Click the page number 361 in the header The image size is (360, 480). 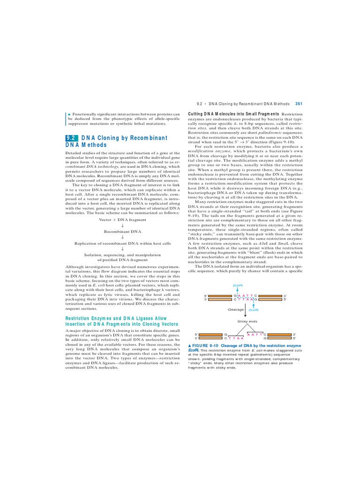pyautogui.click(x=299, y=104)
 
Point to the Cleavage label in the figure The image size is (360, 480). pyautogui.click(x=235, y=310)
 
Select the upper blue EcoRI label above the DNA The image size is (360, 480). pyautogui.click(x=238, y=285)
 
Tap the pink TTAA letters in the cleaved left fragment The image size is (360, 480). pyautogui.click(x=236, y=337)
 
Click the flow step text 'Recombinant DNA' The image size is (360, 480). pyautogui.click(x=122, y=232)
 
